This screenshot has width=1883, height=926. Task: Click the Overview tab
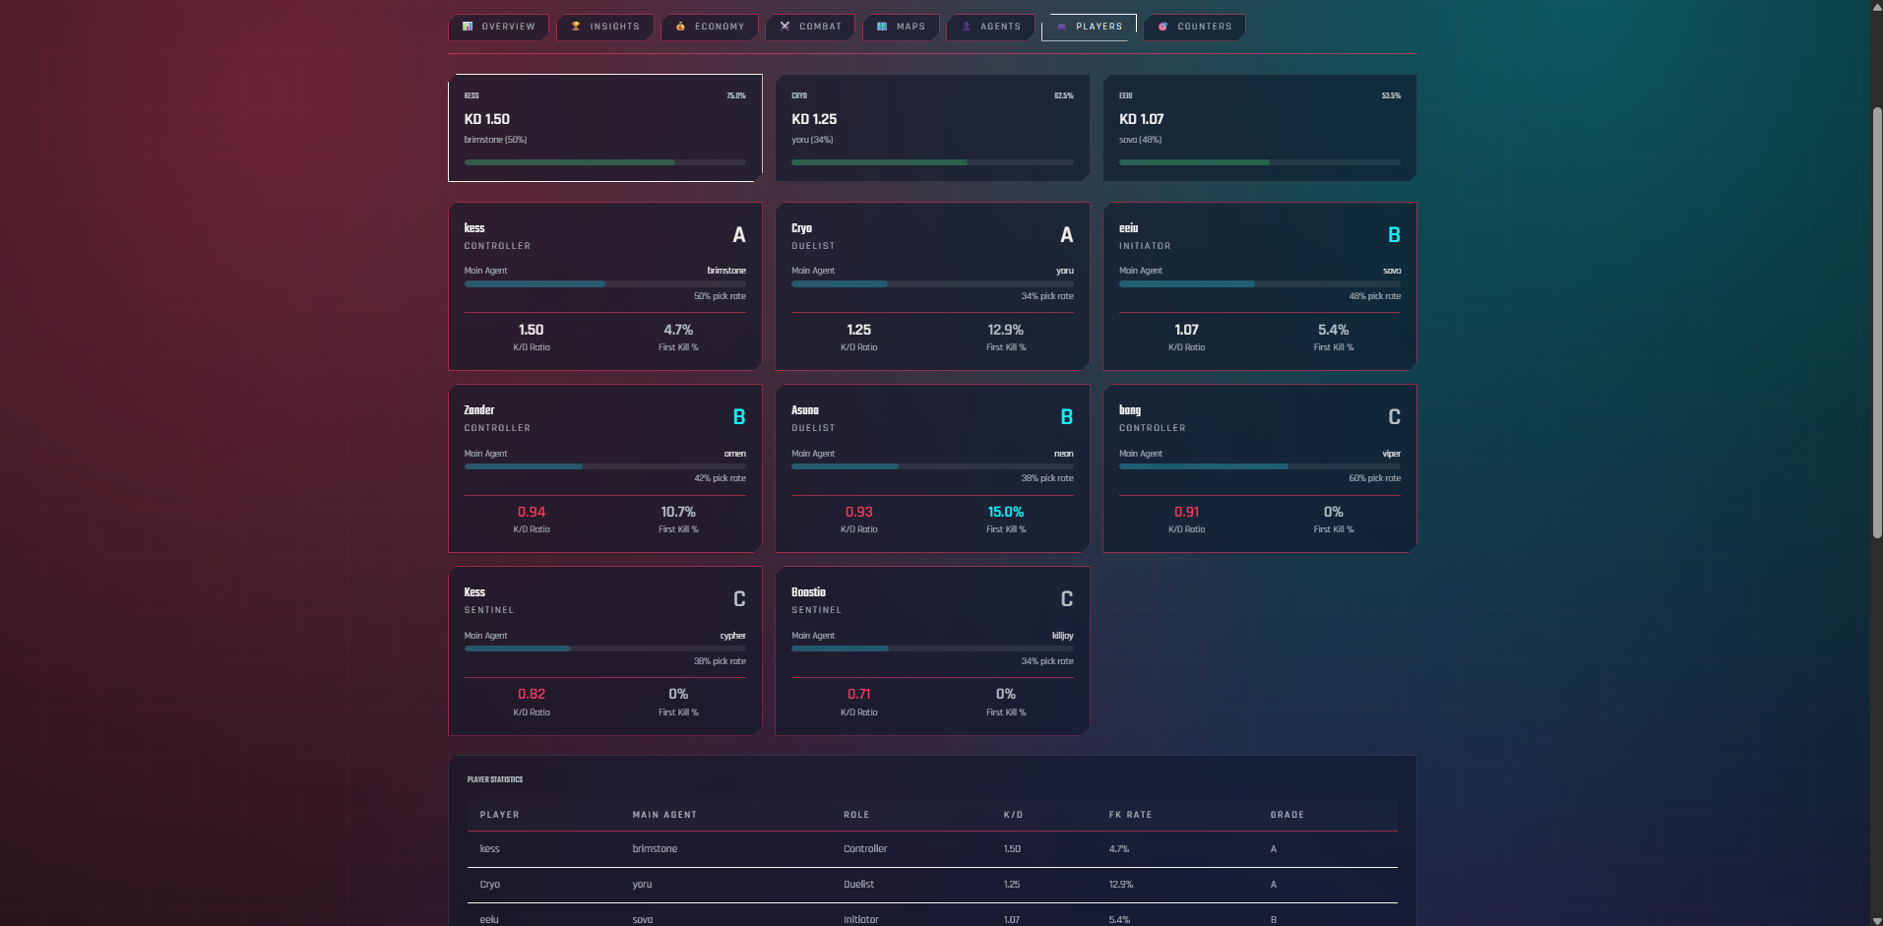pyautogui.click(x=499, y=27)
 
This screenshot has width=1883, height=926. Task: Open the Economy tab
pyautogui.click(x=710, y=27)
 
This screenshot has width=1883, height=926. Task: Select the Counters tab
pyautogui.click(x=1195, y=27)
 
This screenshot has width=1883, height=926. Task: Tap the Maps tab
pyautogui.click(x=902, y=27)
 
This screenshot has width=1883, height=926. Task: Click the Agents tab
pyautogui.click(x=991, y=27)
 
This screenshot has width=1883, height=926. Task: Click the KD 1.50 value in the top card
pyautogui.click(x=487, y=119)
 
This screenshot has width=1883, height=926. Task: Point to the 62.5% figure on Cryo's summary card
pyautogui.click(x=1063, y=95)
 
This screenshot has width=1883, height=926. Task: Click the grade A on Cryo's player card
pyautogui.click(x=1066, y=235)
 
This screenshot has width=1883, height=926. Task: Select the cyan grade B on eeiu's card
pyautogui.click(x=1394, y=235)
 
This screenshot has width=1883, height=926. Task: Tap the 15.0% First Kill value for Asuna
pyautogui.click(x=1005, y=512)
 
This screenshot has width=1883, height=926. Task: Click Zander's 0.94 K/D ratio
pyautogui.click(x=532, y=512)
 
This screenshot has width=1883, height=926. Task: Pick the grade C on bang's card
pyautogui.click(x=1394, y=417)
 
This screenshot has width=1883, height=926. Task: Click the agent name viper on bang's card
pyautogui.click(x=1391, y=454)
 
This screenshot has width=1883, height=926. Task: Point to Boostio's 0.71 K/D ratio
pyautogui.click(x=858, y=694)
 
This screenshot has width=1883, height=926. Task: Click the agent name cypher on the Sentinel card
pyautogui.click(x=732, y=636)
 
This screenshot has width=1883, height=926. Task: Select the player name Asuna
pyautogui.click(x=805, y=410)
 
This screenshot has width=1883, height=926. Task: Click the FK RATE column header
pyautogui.click(x=1130, y=815)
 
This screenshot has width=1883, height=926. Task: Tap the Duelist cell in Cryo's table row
pyautogui.click(x=858, y=885)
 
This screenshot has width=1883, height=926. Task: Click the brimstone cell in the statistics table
pyautogui.click(x=655, y=849)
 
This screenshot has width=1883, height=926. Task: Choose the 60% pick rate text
pyautogui.click(x=1374, y=478)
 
